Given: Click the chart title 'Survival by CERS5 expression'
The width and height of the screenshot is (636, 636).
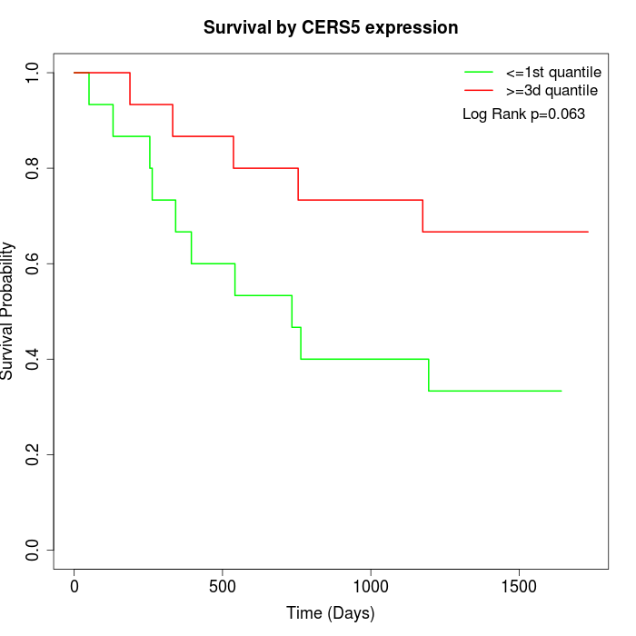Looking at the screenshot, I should click(x=331, y=28).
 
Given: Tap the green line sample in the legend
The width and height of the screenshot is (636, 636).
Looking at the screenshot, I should click(x=479, y=72).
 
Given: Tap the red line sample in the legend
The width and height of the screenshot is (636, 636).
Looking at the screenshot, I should click(x=479, y=90).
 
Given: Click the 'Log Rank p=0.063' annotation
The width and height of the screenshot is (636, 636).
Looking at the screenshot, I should click(x=523, y=114).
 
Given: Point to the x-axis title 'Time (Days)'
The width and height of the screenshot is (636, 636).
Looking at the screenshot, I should click(x=331, y=613).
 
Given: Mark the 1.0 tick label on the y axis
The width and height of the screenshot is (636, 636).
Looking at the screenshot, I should click(x=34, y=73).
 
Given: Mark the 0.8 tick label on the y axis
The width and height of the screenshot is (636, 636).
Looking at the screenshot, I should click(x=34, y=168).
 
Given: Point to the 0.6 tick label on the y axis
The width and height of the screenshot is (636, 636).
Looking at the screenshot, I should click(x=34, y=263).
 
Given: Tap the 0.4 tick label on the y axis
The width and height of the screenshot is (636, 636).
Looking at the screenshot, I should click(x=34, y=359).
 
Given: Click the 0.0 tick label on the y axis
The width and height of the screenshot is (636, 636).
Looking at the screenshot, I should click(x=34, y=550).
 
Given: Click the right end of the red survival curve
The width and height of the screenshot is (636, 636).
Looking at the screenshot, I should click(x=588, y=232).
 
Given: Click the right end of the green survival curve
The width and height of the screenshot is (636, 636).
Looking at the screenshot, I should click(x=561, y=391).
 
